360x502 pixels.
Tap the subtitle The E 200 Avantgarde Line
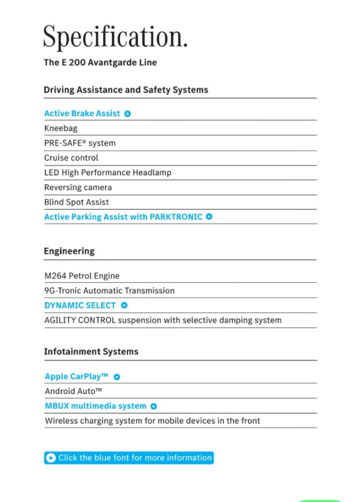100,63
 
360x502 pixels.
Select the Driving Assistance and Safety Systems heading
126,90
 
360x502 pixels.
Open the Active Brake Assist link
82,113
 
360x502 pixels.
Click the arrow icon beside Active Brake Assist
127,113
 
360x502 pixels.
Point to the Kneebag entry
61,128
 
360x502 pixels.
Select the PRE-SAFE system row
79,143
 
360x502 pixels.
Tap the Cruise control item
71,158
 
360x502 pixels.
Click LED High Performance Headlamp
108,173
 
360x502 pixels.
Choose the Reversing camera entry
78,187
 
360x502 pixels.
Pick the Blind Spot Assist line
76,202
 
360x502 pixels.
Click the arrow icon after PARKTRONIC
209,217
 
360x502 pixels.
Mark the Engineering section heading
69,251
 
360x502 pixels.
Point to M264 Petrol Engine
82,276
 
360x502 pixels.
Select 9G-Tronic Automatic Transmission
109,291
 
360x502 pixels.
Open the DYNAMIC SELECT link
80,306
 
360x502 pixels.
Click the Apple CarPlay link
77,377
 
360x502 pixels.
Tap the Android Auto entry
73,391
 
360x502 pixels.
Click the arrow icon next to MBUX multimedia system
154,406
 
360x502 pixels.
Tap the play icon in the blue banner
51,458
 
